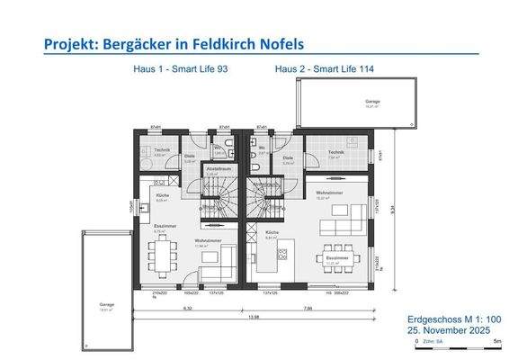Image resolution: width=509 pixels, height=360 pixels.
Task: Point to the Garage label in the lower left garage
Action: (107, 305)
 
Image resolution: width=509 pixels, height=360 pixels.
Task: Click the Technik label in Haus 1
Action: (162, 149)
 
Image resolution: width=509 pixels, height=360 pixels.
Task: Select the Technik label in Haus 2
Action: (336, 152)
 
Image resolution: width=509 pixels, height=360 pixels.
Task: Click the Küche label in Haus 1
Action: (163, 195)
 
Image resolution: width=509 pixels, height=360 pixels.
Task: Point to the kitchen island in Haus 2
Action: (269, 260)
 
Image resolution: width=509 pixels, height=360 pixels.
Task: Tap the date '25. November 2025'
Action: (444, 331)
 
